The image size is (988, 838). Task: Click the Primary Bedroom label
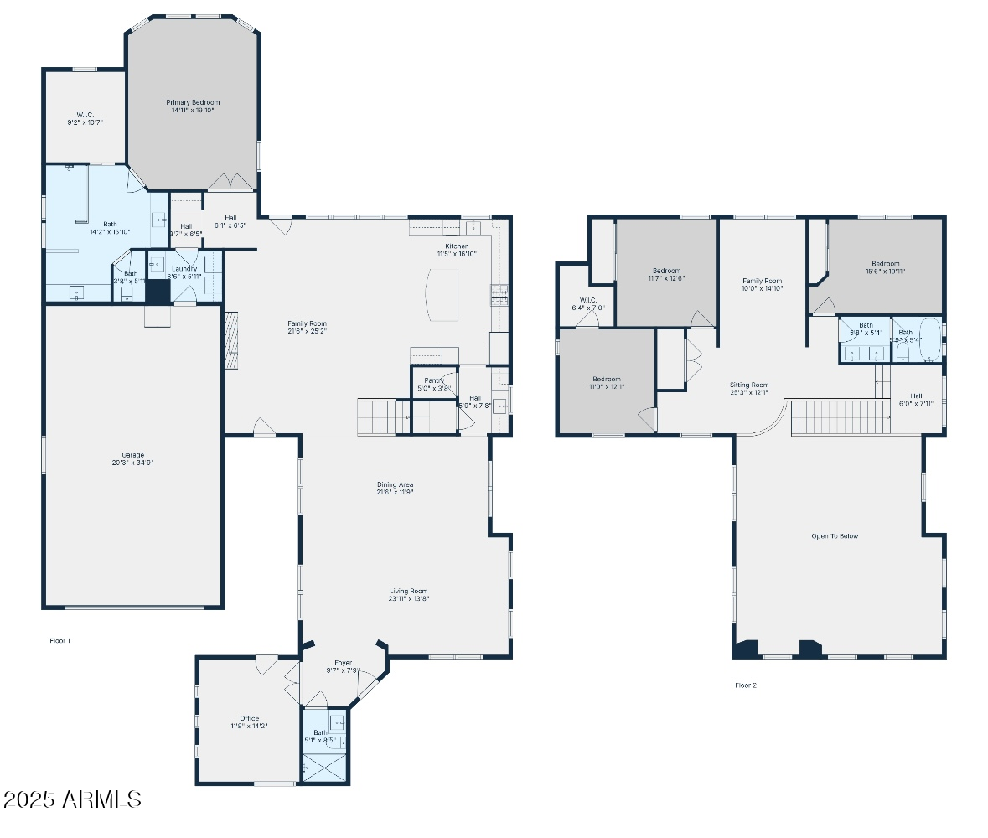(193, 102)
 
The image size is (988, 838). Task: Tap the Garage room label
(132, 455)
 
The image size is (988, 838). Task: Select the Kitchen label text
(457, 246)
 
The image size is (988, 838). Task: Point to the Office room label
(249, 718)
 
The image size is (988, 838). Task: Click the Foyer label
(343, 663)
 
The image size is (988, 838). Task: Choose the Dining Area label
(395, 484)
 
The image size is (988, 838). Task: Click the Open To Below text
(835, 536)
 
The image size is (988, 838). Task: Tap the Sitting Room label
(748, 385)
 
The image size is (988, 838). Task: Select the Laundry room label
(184, 269)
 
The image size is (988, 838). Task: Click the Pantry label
(434, 381)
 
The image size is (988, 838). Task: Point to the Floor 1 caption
(59, 640)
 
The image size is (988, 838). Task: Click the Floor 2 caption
(746, 685)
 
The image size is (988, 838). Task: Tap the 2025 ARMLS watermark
(71, 799)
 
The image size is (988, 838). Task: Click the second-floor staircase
(840, 416)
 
